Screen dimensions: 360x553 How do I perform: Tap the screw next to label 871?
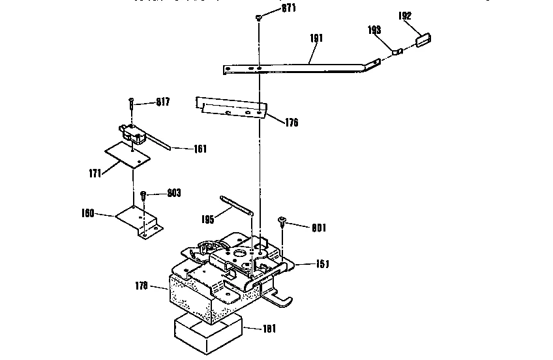point(260,18)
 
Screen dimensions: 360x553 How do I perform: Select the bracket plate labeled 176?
point(232,107)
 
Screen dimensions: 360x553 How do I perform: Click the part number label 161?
point(200,149)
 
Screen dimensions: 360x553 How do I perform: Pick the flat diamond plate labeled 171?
point(128,155)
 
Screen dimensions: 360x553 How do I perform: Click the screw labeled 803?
point(143,196)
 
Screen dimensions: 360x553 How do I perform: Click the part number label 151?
point(322,264)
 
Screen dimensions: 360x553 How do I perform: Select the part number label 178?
point(141,286)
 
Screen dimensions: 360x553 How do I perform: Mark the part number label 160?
point(88,213)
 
